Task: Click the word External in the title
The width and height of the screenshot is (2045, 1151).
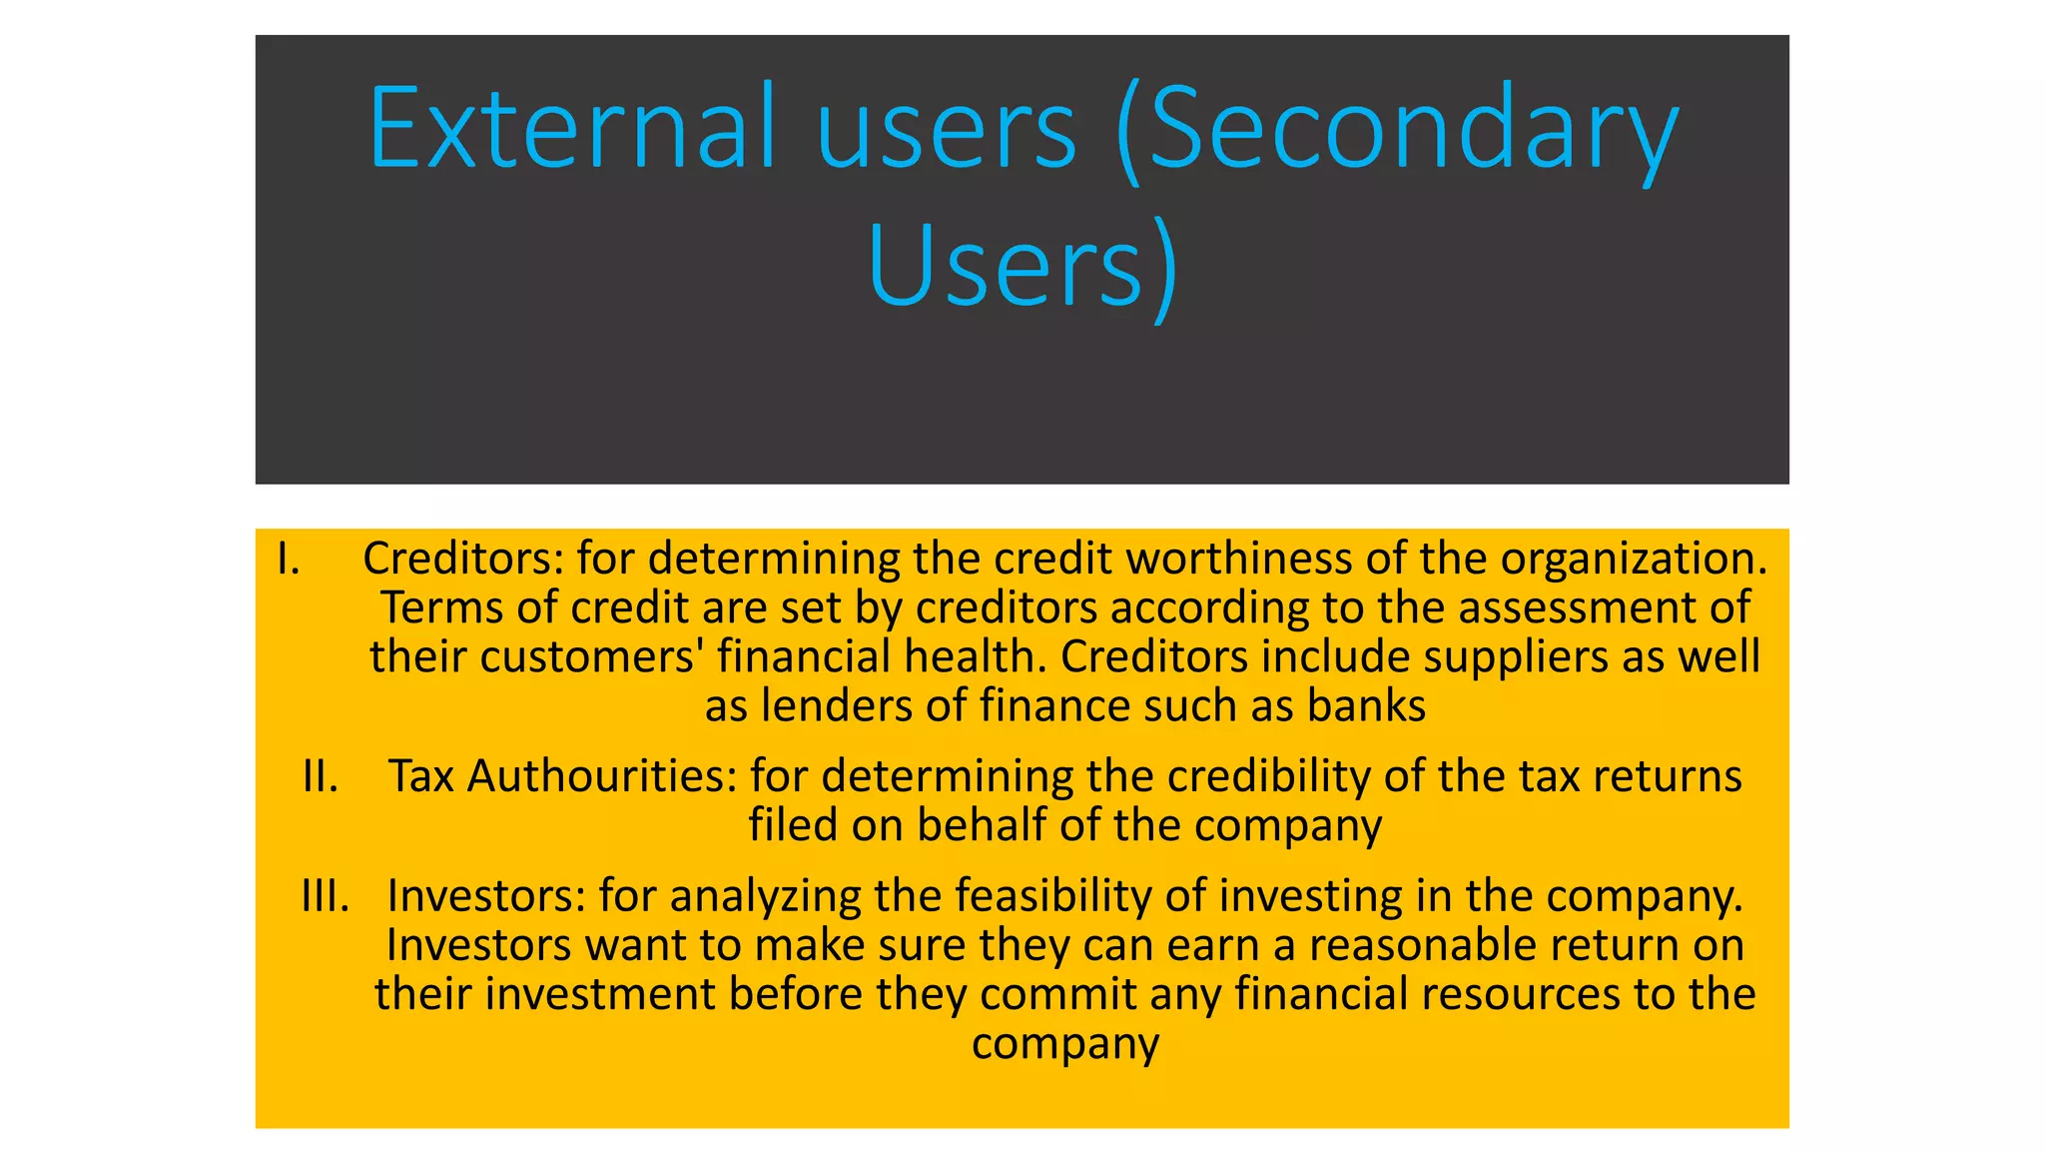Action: [571, 128]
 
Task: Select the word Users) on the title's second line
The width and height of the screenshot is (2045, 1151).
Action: [1022, 266]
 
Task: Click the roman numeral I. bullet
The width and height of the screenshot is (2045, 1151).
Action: [288, 559]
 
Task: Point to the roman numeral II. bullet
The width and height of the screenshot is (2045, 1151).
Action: [321, 776]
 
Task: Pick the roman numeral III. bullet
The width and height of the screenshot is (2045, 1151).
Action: [326, 895]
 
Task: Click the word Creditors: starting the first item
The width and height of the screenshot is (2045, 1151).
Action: [463, 559]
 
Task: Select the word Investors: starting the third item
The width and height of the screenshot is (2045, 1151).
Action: [486, 895]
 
